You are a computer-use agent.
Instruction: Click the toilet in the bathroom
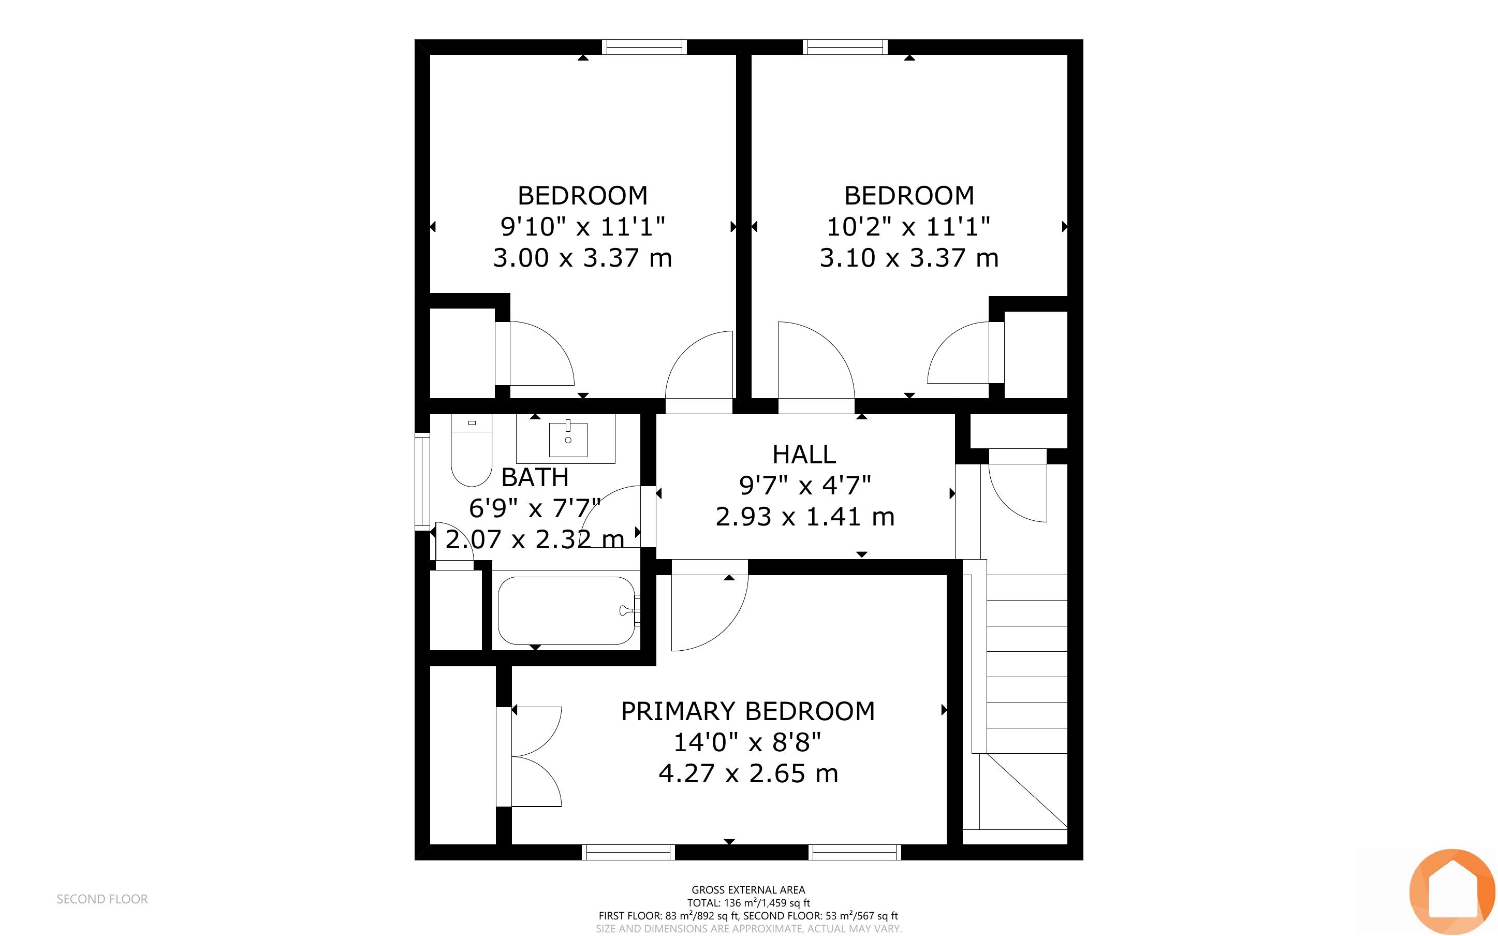[472, 450]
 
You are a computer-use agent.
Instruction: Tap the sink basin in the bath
[568, 439]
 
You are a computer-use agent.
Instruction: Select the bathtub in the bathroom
[566, 610]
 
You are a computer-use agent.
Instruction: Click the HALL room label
[804, 455]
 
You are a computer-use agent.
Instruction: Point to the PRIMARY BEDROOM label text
[748, 711]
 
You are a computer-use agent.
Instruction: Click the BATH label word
[535, 477]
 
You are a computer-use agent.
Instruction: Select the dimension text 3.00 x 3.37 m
[582, 257]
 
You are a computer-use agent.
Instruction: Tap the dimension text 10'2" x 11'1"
[909, 227]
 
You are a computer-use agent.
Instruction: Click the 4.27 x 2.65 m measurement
[748, 773]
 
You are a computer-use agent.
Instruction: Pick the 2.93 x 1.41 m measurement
[805, 516]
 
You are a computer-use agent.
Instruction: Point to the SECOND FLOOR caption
[102, 899]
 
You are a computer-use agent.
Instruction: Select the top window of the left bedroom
[644, 47]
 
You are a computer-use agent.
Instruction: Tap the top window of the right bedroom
[845, 47]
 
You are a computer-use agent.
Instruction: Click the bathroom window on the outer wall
[422, 480]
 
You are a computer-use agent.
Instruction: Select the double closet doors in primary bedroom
[530, 756]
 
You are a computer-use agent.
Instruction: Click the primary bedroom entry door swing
[709, 605]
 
